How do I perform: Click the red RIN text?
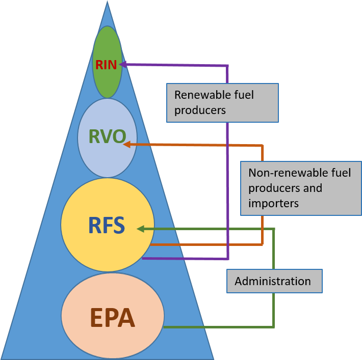pos(106,65)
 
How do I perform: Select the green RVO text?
pos(107,137)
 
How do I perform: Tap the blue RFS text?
pos(107,225)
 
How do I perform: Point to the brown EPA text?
pos(112,317)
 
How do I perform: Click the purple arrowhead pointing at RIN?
pos(123,64)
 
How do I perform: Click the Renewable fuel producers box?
pos(222,103)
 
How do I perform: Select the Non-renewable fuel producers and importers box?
pos(301,188)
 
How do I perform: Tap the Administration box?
pos(274,281)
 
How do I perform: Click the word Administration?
pos(272,281)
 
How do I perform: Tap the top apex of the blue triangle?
pos(107,3)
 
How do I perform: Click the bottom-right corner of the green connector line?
pos(274,326)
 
